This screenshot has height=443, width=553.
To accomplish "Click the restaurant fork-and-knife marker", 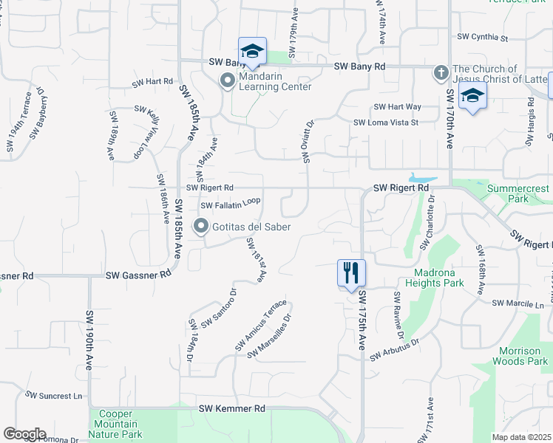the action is pyautogui.click(x=350, y=272).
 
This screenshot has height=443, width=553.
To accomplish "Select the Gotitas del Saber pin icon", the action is pyautogui.click(x=200, y=227).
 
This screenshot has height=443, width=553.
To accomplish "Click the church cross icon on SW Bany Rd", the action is pyautogui.click(x=441, y=72).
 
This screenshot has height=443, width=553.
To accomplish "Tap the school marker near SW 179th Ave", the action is pyautogui.click(x=252, y=51).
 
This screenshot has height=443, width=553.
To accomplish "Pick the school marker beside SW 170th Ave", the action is pyautogui.click(x=472, y=96).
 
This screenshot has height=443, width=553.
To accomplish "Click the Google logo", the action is pyautogui.click(x=24, y=434).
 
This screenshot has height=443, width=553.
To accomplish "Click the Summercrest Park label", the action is pyautogui.click(x=518, y=194).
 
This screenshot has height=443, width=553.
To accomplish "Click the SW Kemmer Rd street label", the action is pyautogui.click(x=231, y=408).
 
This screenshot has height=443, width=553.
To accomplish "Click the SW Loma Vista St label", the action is pyautogui.click(x=386, y=123).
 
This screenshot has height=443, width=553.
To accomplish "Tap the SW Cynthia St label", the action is pyautogui.click(x=484, y=36).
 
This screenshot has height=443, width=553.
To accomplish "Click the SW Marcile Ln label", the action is pyautogui.click(x=523, y=303).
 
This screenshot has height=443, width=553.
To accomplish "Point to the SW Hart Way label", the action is pyautogui.click(x=397, y=107).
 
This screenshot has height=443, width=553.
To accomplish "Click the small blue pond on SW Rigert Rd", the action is pyautogui.click(x=421, y=179).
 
